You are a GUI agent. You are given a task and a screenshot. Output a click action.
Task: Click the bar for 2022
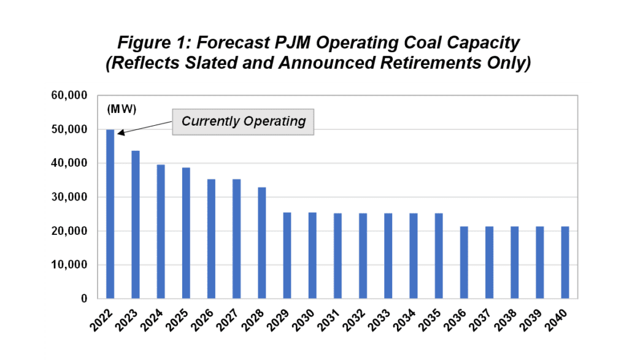110,214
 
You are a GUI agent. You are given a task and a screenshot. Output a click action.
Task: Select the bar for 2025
186,233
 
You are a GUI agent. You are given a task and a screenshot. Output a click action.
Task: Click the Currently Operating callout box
244,121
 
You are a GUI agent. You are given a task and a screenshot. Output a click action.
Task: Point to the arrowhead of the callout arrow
118,132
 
